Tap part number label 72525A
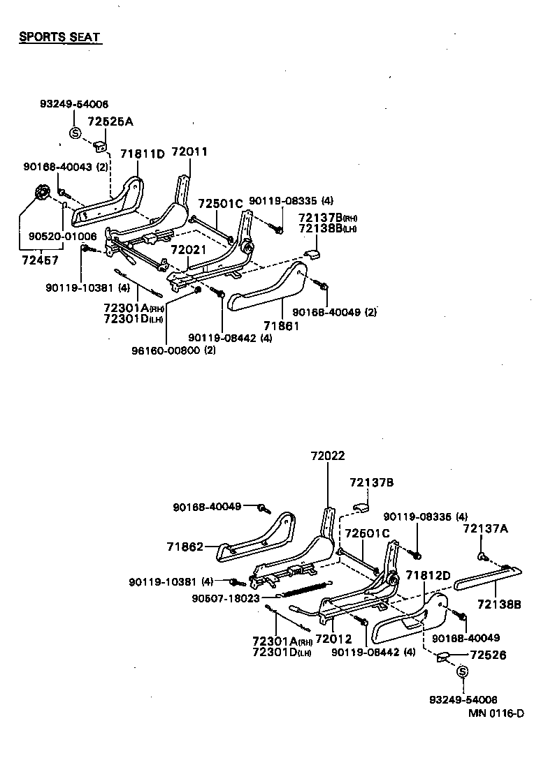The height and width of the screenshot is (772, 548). tap(110, 121)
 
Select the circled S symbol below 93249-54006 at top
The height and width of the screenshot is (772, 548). tap(74, 133)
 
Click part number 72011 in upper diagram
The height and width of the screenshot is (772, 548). tap(189, 151)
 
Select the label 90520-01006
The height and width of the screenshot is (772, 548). tap(63, 237)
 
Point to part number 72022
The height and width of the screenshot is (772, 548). tap(328, 456)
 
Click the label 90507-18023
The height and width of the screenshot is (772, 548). tap(226, 598)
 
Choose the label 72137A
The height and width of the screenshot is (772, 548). tap(486, 529)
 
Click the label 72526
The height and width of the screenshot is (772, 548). tap(489, 655)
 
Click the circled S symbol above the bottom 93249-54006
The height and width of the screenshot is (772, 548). tap(462, 671)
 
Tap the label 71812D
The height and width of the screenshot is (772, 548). tap(429, 576)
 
